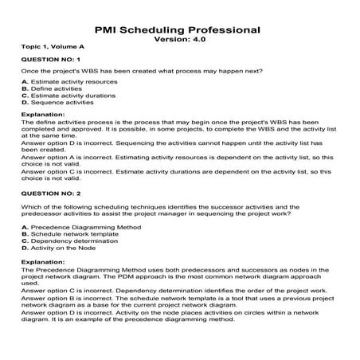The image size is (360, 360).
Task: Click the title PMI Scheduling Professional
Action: [x=179, y=29]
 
